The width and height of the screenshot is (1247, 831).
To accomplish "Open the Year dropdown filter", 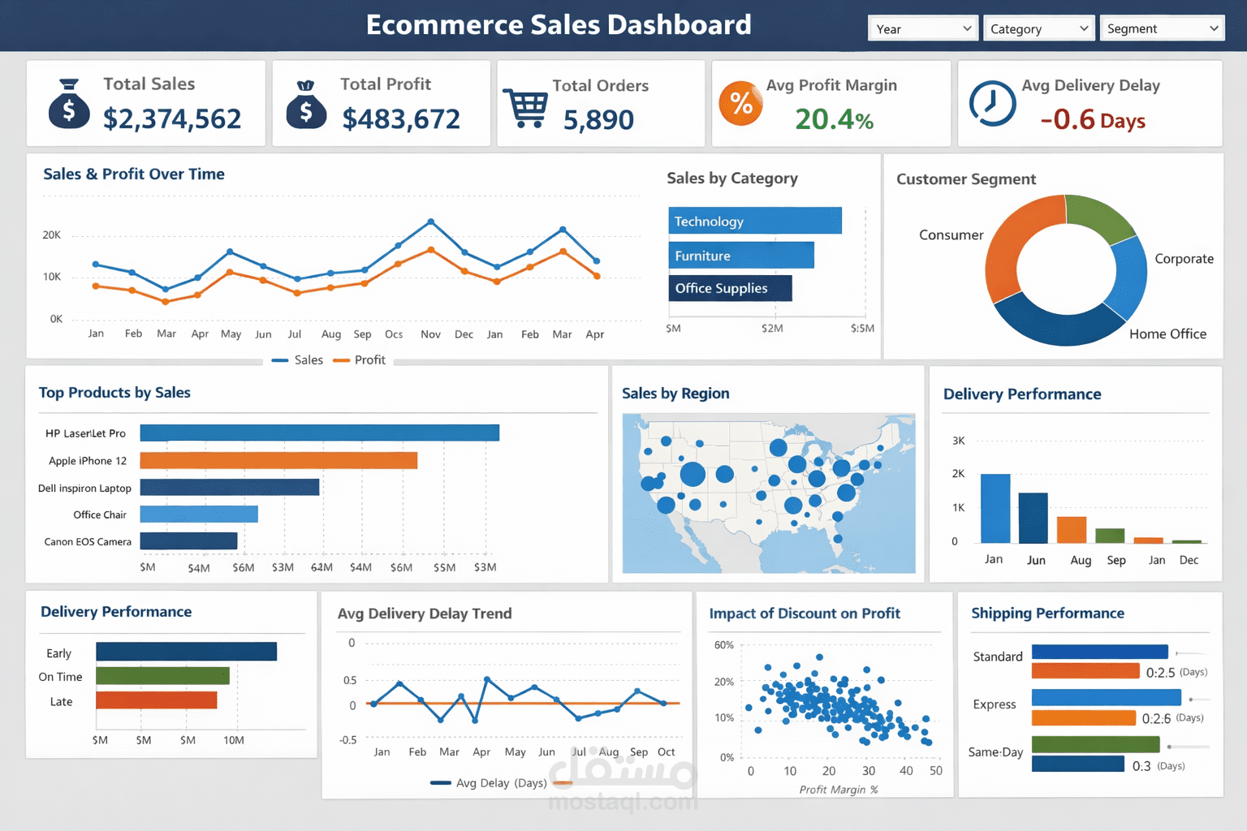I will coord(923,28).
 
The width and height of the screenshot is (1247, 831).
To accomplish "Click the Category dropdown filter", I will coord(1038,28).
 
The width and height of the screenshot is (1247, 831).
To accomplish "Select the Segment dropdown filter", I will coord(1162,28).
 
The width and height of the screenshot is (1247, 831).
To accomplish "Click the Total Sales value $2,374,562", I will coord(172,119).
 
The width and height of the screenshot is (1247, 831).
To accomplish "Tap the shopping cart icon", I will coord(526,107).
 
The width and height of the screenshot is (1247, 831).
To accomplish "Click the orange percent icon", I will coord(740,103).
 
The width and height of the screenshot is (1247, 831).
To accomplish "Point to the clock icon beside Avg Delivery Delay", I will coord(992,103).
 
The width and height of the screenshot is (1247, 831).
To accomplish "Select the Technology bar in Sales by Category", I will coord(755,221).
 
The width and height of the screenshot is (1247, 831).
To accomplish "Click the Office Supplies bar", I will coord(730,288).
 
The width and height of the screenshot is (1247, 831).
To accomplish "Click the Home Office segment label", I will coord(1167,334).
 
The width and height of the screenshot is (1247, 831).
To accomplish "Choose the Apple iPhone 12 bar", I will coord(278,461).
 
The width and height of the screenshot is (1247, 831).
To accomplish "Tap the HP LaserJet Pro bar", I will coord(319,433).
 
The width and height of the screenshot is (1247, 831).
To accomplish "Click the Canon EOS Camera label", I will coord(88,541).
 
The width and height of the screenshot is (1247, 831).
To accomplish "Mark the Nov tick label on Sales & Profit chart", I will coord(430,334).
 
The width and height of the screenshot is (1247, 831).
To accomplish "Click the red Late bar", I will coord(156,700).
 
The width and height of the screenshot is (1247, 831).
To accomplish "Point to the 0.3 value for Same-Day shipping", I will coord(1141,766).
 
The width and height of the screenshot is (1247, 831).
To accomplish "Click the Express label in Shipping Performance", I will coord(995,704).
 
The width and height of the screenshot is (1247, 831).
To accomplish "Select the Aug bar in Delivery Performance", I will coord(1072,529).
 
